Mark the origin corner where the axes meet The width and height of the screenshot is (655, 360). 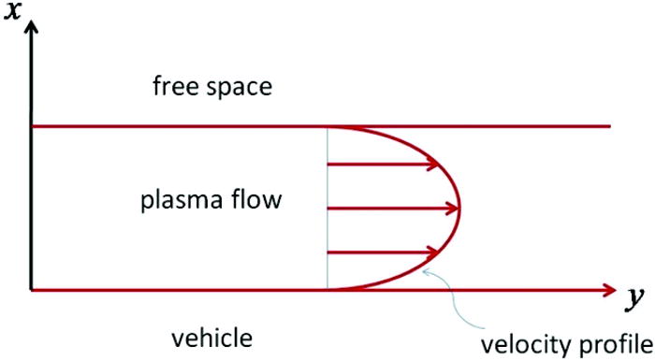31,290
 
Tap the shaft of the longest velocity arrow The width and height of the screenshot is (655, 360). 384,208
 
